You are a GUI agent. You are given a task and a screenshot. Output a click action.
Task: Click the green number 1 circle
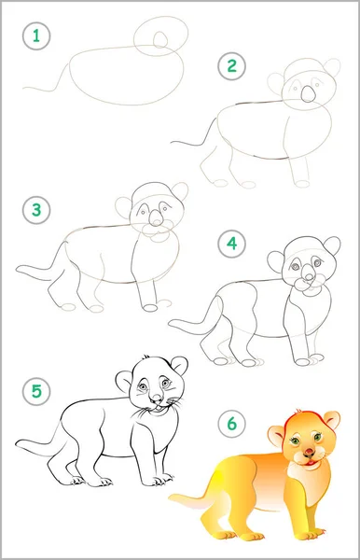[36, 35]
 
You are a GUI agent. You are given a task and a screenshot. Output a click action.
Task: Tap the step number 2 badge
[232, 66]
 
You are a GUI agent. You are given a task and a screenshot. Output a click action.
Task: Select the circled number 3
[36, 210]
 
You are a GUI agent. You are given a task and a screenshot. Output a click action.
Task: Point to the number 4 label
[232, 244]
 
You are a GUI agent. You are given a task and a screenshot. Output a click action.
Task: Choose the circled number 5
[36, 391]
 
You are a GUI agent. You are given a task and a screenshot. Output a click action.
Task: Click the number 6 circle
[232, 424]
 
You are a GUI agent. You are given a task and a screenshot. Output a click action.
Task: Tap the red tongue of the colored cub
[311, 463]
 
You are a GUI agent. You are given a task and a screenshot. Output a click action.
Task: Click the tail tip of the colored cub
[170, 497]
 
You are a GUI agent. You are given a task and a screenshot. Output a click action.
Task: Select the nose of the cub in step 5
[156, 398]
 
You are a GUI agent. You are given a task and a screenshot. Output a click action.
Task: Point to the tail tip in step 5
[17, 443]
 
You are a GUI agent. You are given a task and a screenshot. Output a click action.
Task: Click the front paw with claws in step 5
[160, 481]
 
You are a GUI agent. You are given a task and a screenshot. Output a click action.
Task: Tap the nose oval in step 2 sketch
[308, 94]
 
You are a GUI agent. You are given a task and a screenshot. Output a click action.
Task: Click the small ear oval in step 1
[160, 39]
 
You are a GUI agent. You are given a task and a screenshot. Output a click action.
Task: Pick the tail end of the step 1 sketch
[24, 87]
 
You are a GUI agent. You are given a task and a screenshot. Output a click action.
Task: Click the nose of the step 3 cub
[155, 218]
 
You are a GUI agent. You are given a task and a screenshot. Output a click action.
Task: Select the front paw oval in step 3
[149, 307]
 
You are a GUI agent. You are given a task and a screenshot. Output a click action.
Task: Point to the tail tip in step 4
[170, 323]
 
